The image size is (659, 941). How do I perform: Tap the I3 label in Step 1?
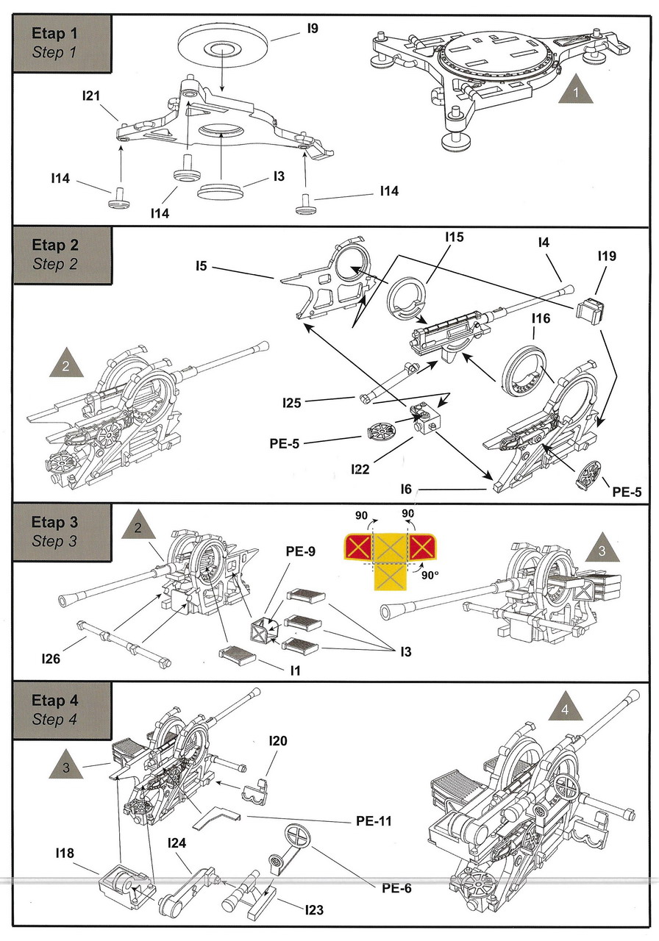tap(279, 176)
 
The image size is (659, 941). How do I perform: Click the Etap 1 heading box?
tap(62, 42)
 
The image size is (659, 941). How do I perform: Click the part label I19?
tap(607, 257)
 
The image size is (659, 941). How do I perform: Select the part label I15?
tap(455, 238)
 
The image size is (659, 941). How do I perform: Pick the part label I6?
tap(410, 489)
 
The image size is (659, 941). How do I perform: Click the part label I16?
tap(541, 318)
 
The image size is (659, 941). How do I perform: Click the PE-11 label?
tap(370, 820)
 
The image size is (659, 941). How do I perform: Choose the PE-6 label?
tap(396, 888)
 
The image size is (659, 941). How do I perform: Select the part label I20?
tap(278, 740)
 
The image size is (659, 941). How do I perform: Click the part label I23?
tap(314, 910)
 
